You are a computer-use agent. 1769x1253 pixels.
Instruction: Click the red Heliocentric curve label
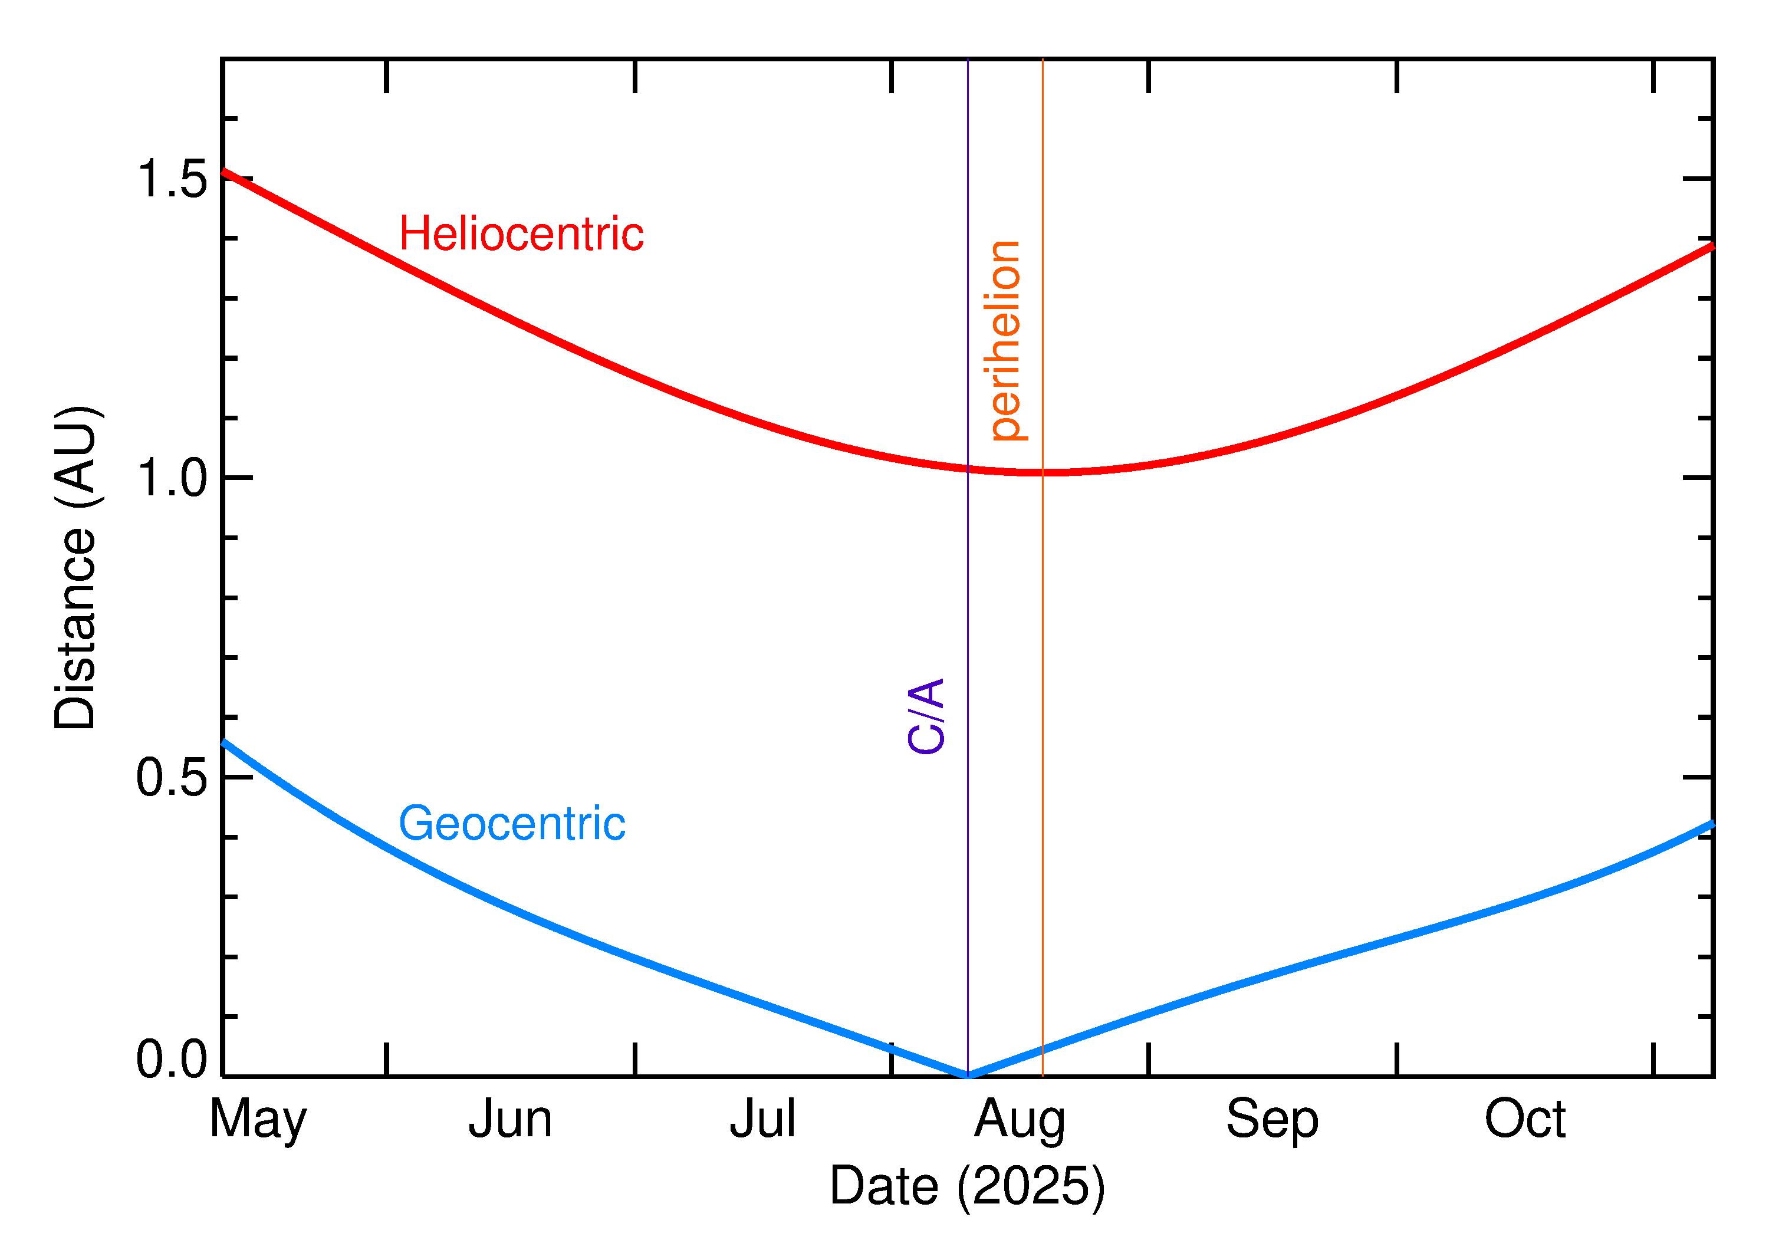coord(521,235)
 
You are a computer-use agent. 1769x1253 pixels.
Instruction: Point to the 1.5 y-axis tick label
coord(171,180)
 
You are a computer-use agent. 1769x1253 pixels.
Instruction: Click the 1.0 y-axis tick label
coord(171,478)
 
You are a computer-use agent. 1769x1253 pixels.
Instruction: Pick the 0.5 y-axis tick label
coord(171,778)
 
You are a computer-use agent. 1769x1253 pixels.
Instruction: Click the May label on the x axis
coord(258,1120)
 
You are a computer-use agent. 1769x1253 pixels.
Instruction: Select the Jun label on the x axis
coord(510,1120)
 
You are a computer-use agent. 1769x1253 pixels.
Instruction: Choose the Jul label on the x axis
coord(762,1120)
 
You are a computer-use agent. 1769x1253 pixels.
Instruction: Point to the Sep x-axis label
coord(1272,1120)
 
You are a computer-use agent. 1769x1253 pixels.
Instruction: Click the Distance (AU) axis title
coord(75,567)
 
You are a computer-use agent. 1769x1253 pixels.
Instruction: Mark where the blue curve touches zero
coord(968,1075)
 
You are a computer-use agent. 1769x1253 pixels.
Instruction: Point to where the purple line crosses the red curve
coord(968,468)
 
